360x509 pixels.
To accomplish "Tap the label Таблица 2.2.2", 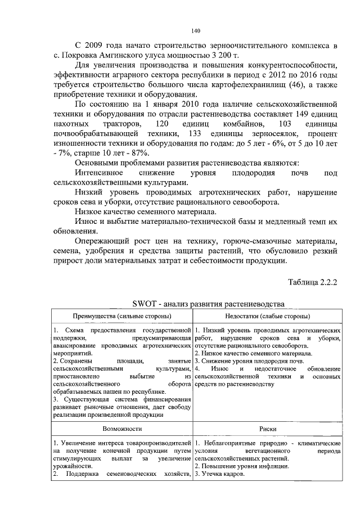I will click(312, 282).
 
